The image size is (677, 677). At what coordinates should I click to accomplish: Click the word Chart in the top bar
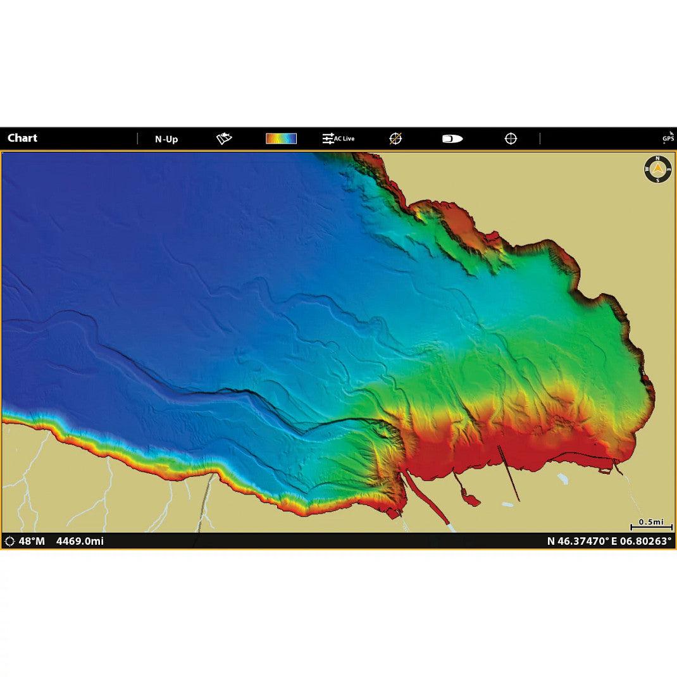(x=22, y=138)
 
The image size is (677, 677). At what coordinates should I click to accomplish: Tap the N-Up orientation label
(x=166, y=139)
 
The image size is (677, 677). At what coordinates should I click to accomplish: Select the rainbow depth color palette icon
(x=281, y=139)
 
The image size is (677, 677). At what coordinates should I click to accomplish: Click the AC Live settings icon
(x=338, y=139)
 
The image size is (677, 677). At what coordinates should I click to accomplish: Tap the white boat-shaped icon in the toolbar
(x=452, y=139)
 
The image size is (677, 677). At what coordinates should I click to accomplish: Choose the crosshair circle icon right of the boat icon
(x=511, y=139)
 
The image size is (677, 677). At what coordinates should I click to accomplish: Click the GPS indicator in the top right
(x=668, y=137)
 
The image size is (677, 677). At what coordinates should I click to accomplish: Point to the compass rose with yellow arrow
(x=658, y=169)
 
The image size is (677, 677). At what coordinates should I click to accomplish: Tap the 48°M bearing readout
(x=32, y=541)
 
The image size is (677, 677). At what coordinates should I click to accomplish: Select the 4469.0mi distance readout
(x=80, y=541)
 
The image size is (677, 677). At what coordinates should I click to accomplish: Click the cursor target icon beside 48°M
(x=9, y=541)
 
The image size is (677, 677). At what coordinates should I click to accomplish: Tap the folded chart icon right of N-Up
(x=224, y=139)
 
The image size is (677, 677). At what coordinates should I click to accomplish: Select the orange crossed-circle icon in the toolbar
(x=395, y=139)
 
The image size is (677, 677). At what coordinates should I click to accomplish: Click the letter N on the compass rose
(x=658, y=159)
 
